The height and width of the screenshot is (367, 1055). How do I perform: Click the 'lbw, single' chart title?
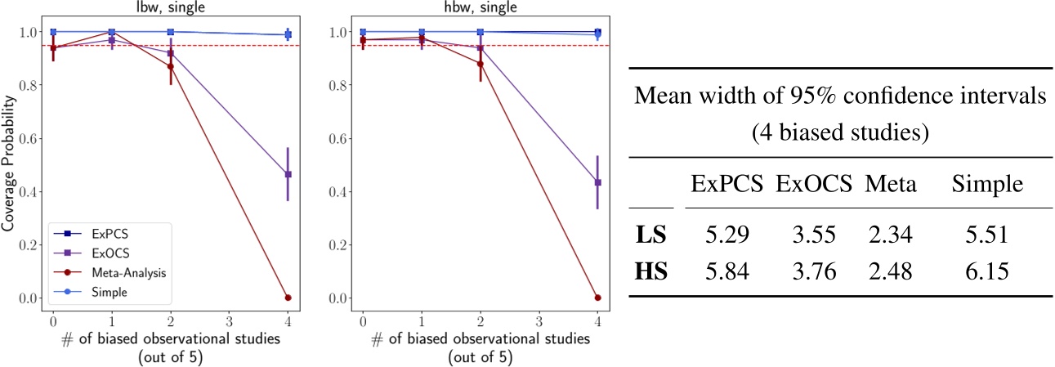[170, 8]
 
